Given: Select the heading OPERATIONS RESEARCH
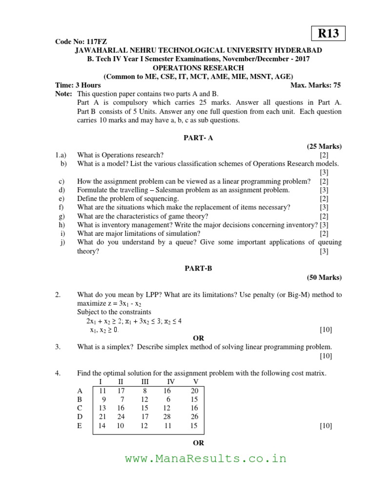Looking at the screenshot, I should (198, 68).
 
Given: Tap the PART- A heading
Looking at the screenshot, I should (198, 138).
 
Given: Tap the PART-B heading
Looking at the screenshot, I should (198, 269).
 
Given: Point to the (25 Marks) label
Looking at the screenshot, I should (324, 146).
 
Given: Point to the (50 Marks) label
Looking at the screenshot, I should (324, 277).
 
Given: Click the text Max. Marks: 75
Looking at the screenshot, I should (315, 85).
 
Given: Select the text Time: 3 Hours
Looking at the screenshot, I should (78, 85).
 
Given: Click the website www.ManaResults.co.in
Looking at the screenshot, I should (205, 458).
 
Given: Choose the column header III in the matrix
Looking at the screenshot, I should (145, 381).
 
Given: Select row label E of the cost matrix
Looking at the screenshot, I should (80, 426).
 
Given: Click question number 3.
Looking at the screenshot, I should (58, 347).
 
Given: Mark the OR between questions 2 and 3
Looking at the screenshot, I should (198, 338).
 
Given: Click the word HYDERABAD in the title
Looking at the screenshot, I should (298, 50).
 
